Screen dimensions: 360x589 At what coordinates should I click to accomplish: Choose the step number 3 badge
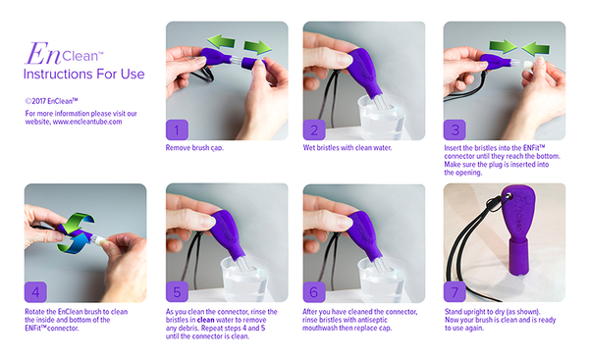(455, 129)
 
